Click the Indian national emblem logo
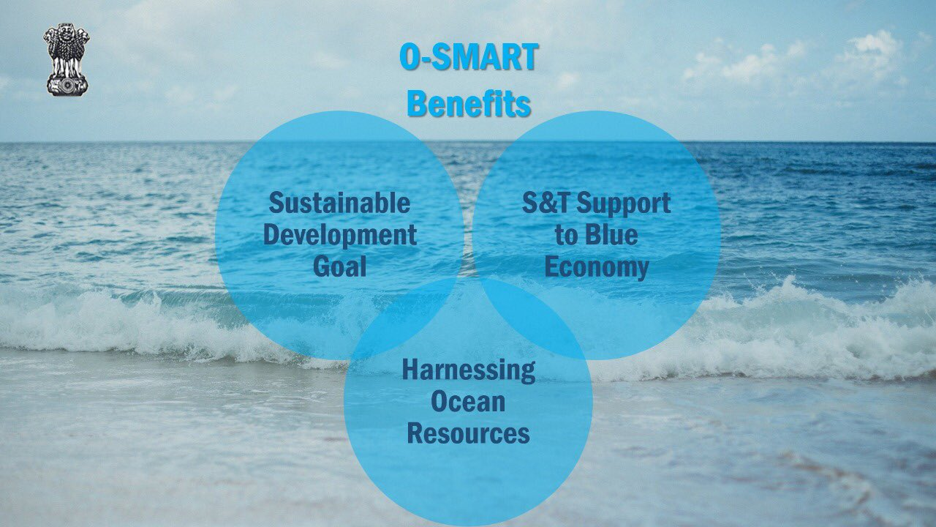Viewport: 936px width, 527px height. pos(67,59)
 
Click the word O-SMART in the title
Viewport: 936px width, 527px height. pos(469,57)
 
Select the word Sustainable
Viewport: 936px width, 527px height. pos(339,203)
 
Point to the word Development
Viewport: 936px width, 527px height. pos(340,236)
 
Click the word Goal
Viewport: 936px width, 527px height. pos(340,266)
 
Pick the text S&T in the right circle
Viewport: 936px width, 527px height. pos(545,203)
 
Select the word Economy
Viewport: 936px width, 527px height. pos(597,269)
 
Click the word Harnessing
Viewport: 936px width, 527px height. pos(469,371)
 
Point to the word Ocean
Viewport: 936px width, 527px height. pos(468,401)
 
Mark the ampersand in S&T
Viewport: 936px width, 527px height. pos(545,203)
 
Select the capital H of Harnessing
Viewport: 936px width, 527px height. pos(410,370)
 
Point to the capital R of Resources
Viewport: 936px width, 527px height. pos(415,433)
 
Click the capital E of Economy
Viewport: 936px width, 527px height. pos(551,266)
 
